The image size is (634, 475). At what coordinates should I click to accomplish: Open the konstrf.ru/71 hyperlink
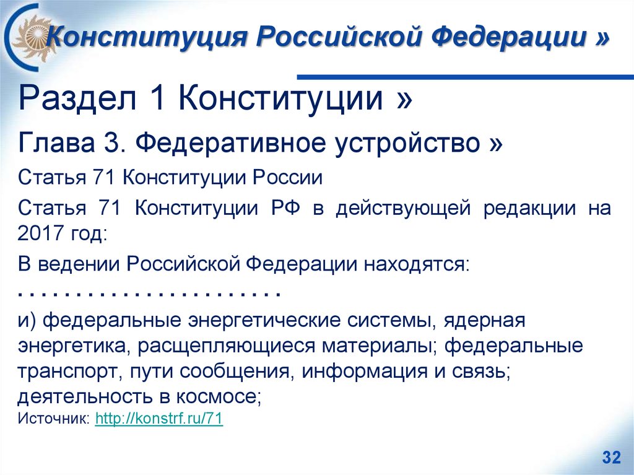(x=158, y=419)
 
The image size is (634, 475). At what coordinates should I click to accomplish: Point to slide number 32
(x=610, y=458)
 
